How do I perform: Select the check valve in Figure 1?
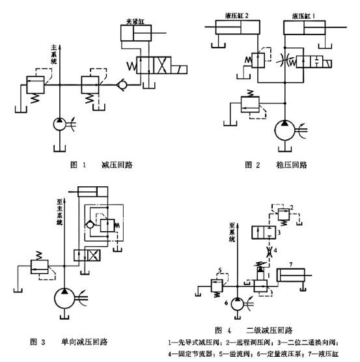tap(120, 85)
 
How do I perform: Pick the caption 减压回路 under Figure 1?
tap(117, 165)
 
